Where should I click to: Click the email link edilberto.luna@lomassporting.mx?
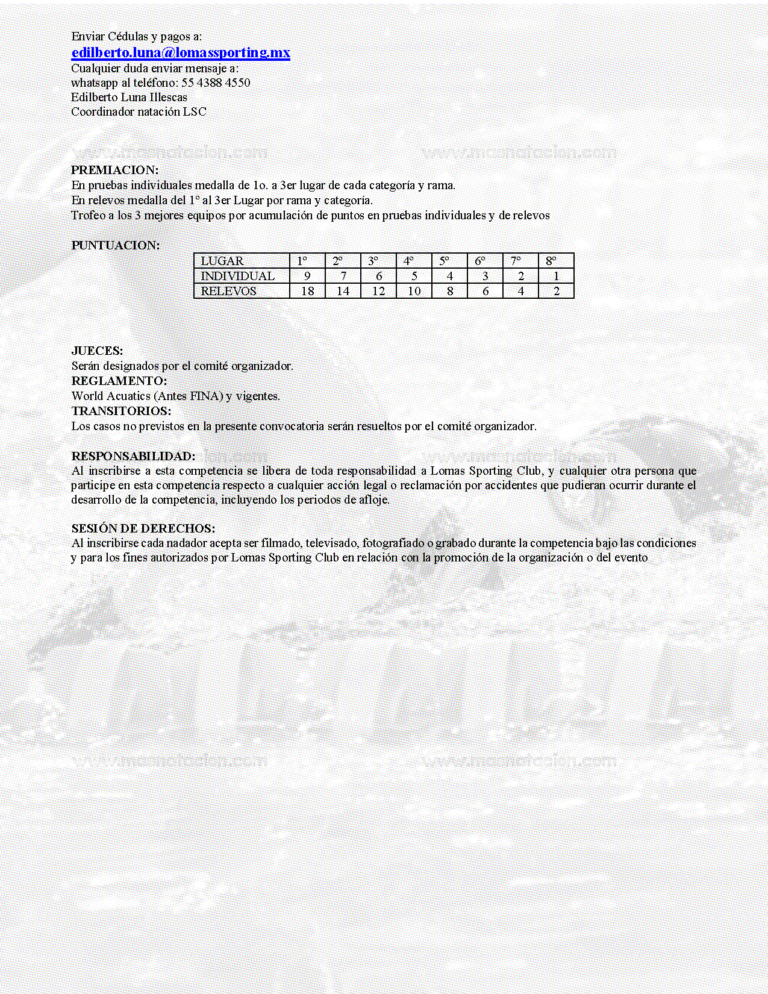click(181, 53)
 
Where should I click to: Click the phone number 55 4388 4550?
click(216, 83)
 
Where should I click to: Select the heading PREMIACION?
click(115, 170)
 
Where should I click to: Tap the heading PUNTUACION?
click(116, 245)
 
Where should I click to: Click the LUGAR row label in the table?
click(222, 261)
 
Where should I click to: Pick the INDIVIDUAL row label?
click(237, 276)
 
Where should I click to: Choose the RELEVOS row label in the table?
click(228, 291)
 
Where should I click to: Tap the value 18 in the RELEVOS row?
click(307, 291)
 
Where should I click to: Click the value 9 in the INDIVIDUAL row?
click(307, 276)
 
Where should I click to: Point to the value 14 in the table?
click(343, 291)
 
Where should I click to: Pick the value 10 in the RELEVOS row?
click(414, 291)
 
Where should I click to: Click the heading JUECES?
click(97, 351)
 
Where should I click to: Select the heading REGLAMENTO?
click(119, 381)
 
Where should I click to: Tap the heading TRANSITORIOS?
click(121, 411)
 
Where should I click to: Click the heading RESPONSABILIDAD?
click(133, 456)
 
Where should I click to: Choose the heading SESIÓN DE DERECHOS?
click(143, 528)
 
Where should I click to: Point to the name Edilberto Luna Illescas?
click(129, 97)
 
